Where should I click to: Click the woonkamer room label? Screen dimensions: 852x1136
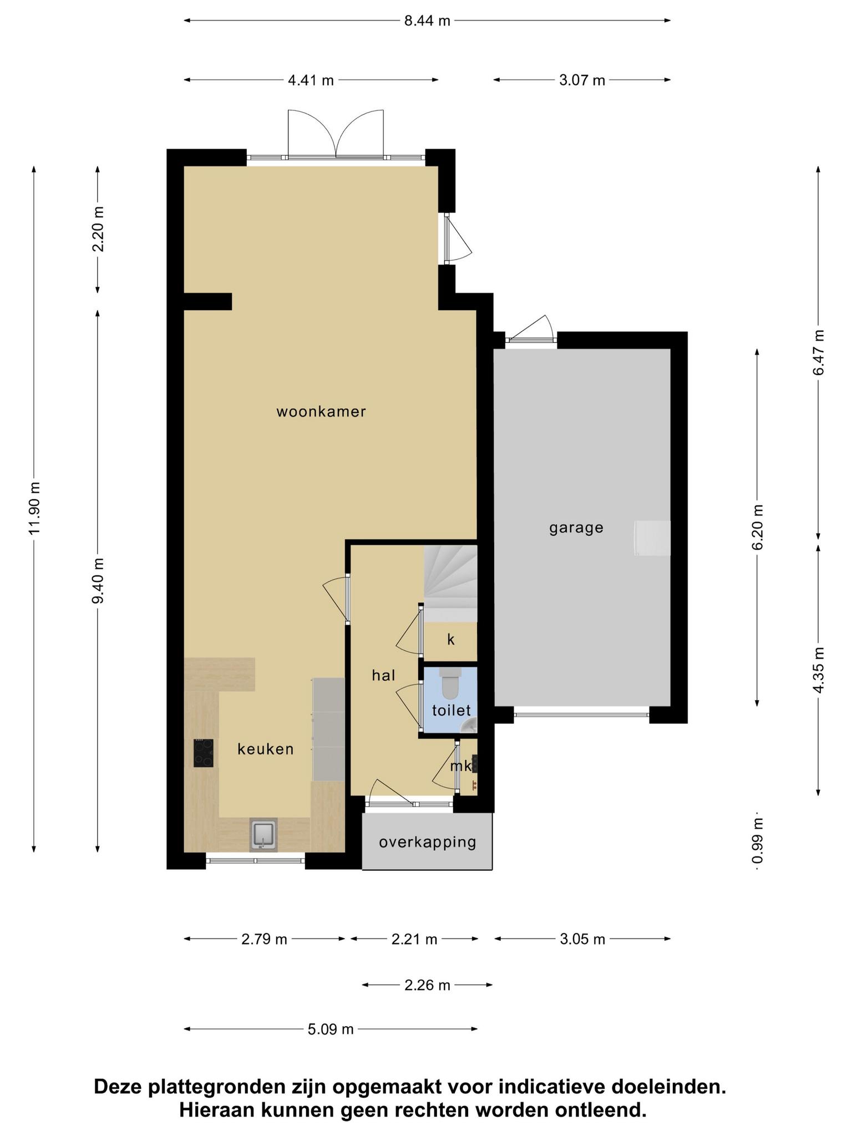(321, 412)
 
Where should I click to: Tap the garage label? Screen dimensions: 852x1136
(576, 528)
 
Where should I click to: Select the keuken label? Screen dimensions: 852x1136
(266, 749)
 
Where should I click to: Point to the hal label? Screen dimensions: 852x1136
(384, 675)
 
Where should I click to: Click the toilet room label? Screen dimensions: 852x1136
(452, 710)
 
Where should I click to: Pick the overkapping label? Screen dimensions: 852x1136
(428, 843)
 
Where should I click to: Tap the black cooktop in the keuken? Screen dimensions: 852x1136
(204, 753)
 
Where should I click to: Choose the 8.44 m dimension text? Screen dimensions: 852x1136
(427, 21)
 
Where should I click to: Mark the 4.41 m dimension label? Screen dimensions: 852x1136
(311, 80)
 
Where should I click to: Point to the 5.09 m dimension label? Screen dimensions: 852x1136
(331, 1029)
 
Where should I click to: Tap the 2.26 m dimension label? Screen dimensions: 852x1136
(427, 985)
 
